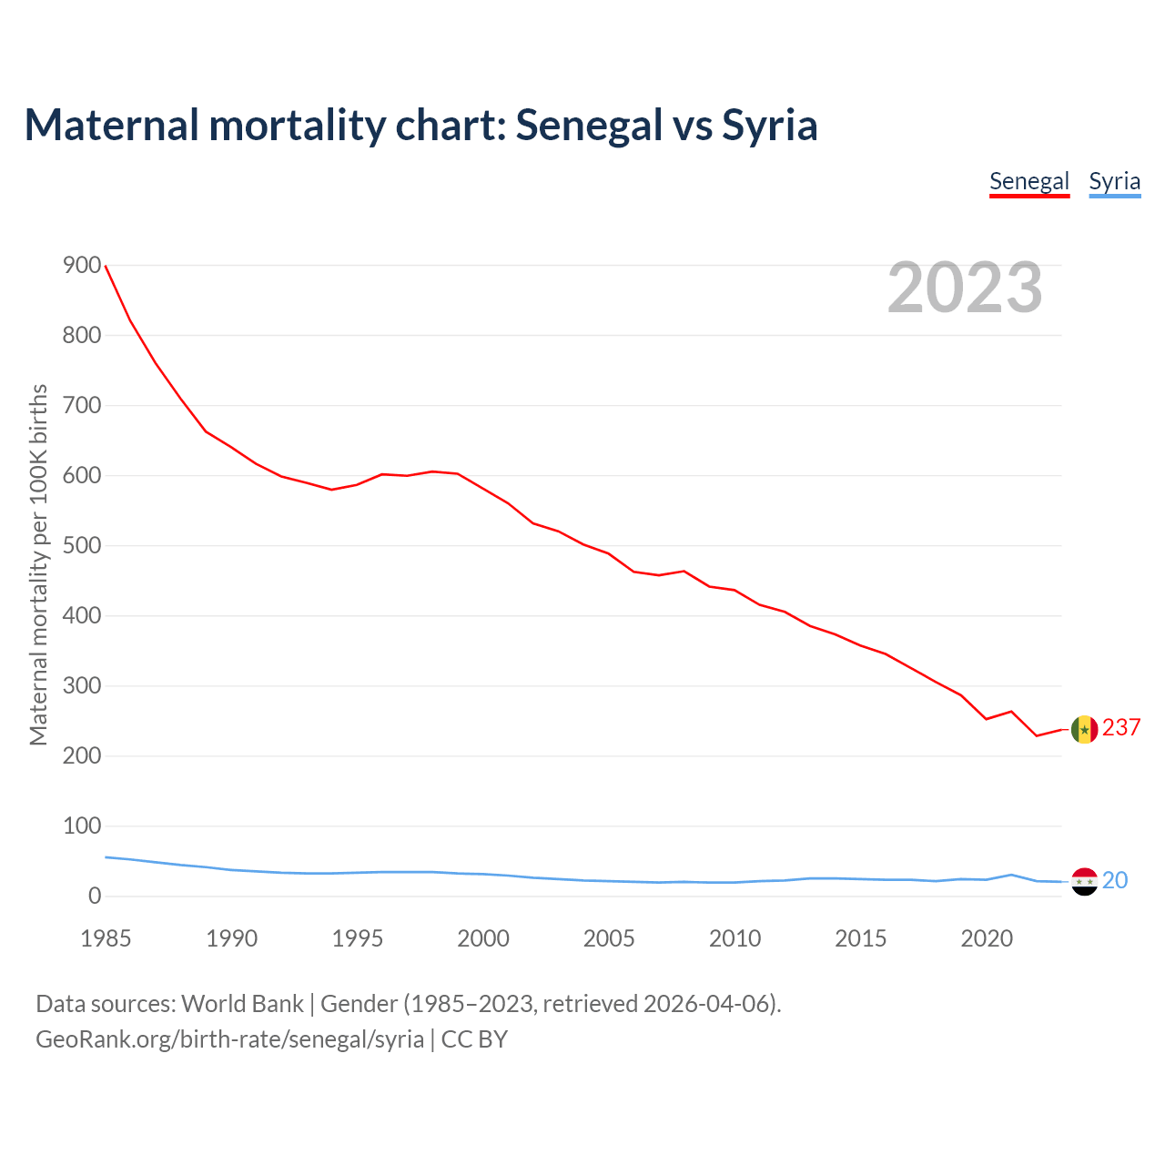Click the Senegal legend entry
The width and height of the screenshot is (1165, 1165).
click(1029, 181)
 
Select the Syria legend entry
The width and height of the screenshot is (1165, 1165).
click(1115, 181)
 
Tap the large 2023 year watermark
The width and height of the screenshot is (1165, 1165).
click(965, 288)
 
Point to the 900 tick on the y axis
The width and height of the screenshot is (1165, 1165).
click(82, 266)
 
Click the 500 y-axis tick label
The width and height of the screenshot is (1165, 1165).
click(82, 546)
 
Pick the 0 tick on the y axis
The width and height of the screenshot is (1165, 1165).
click(95, 897)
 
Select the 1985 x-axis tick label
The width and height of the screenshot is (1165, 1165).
click(106, 938)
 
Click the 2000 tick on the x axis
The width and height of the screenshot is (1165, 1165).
click(483, 938)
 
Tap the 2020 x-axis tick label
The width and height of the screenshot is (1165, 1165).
click(987, 938)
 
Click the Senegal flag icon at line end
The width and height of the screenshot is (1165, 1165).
click(1084, 729)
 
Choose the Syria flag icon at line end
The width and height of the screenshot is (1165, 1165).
click(1084, 881)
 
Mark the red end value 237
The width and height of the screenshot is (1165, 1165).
click(1121, 728)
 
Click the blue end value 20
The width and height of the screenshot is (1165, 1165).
click(1115, 880)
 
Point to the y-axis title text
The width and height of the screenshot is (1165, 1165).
click(38, 564)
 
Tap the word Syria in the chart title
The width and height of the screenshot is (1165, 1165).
click(770, 126)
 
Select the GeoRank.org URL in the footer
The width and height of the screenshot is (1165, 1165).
click(229, 1039)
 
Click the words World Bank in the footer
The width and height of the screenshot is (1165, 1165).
click(242, 1004)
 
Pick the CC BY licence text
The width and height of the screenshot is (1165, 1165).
click(474, 1039)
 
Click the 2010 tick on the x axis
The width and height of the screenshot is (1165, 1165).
click(734, 938)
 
